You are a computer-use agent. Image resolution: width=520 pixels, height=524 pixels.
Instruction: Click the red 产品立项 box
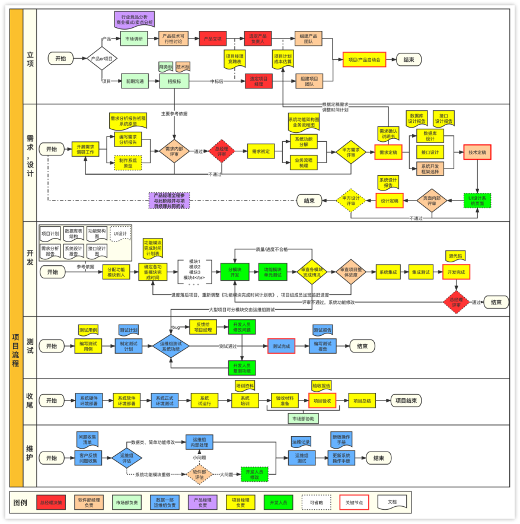click(x=213, y=39)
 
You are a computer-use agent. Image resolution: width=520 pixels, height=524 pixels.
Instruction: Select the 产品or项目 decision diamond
click(x=103, y=59)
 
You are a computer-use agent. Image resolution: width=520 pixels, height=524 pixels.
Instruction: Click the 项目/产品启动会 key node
click(x=364, y=59)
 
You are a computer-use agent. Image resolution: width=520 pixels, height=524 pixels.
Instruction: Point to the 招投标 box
click(x=174, y=81)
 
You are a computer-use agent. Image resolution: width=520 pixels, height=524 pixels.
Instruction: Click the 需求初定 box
click(x=261, y=151)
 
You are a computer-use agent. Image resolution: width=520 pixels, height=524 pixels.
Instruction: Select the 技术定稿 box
click(x=478, y=153)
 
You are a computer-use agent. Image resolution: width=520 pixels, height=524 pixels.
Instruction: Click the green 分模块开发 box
click(x=235, y=272)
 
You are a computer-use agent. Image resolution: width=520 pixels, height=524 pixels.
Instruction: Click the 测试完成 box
click(x=281, y=346)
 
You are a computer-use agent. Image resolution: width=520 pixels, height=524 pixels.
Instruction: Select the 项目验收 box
click(x=322, y=401)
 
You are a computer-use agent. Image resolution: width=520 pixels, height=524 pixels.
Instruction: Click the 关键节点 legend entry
click(x=354, y=503)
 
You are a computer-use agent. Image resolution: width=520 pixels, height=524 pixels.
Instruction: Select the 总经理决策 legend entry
click(x=51, y=503)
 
